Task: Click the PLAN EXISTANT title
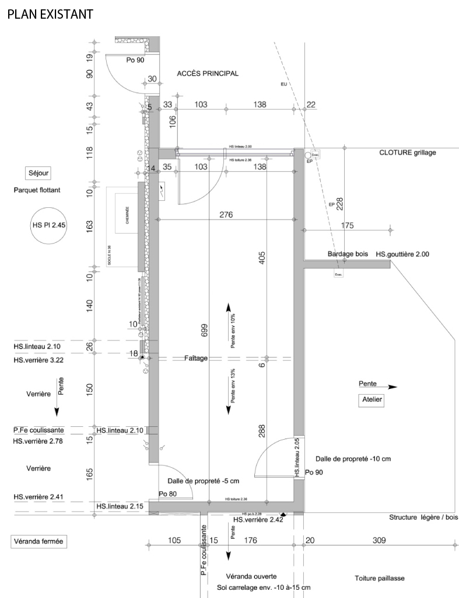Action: coord(50,14)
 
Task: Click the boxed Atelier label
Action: coord(371,400)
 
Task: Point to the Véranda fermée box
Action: coord(38,542)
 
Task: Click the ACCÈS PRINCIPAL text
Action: coord(208,74)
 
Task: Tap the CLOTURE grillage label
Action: coord(407,152)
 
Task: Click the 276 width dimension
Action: coord(226,215)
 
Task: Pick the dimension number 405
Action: coord(262,258)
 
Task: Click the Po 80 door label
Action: coord(168,494)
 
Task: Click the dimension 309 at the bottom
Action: coord(379,541)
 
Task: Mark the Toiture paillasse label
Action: coord(379,578)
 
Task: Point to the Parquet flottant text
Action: coord(39,190)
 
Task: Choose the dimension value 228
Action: coord(339,202)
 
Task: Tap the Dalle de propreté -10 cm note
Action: coord(352,459)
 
